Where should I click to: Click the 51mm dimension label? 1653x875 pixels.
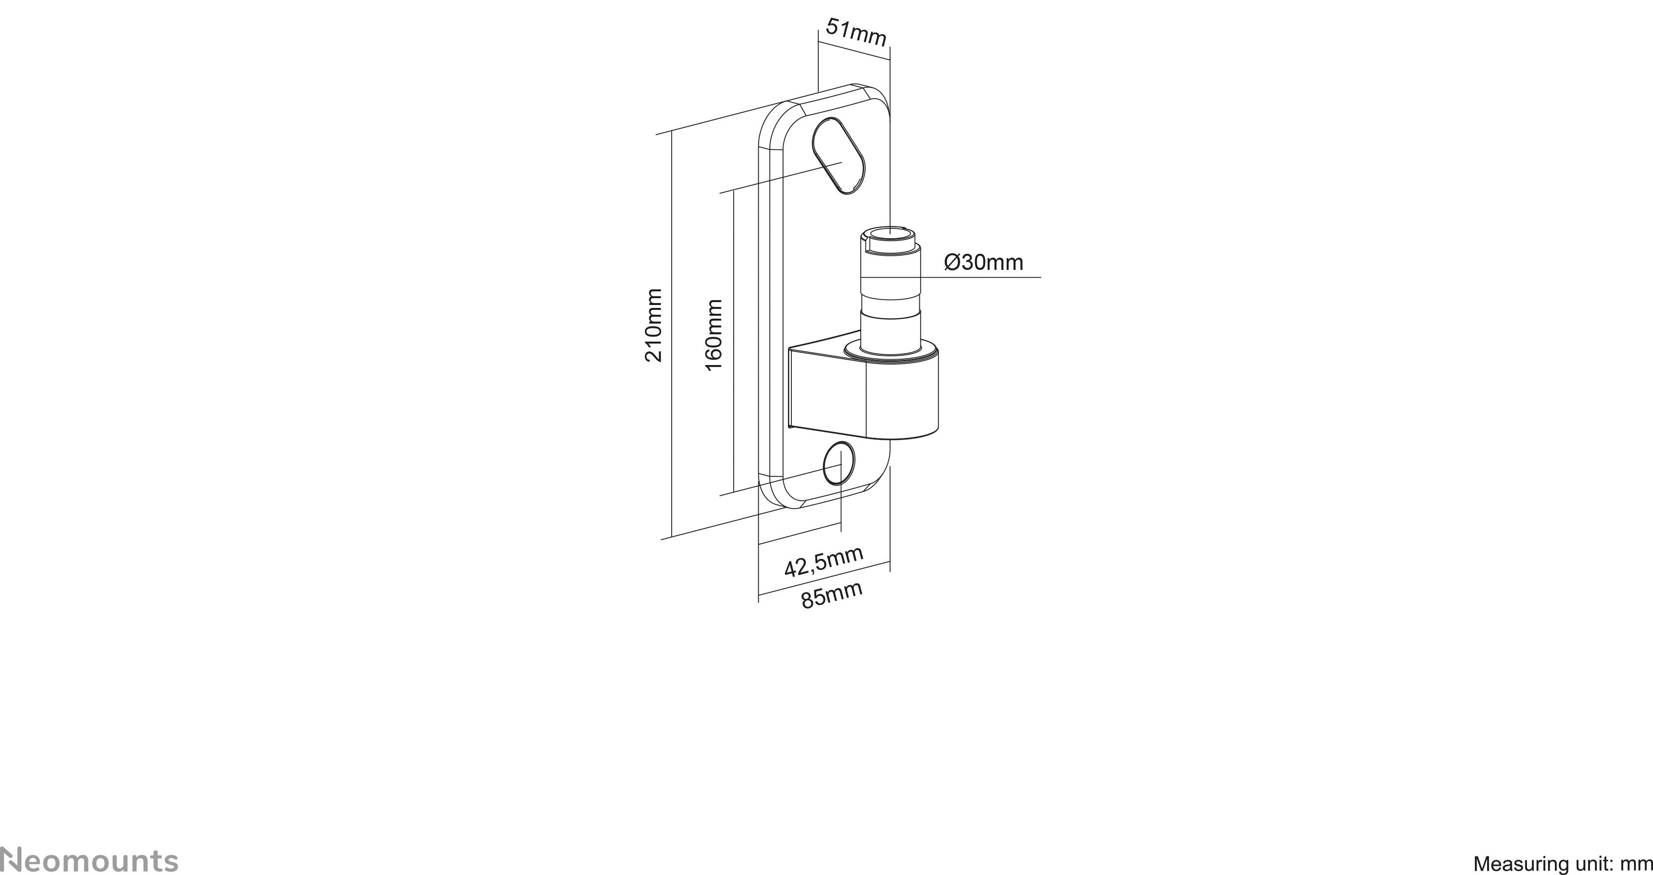856,32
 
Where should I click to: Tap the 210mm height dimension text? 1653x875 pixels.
653,325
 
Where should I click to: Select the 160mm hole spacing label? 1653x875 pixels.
714,334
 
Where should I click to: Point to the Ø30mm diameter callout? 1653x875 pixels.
983,263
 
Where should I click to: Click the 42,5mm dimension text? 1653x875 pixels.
823,561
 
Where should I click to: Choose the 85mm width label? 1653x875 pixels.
832,595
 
